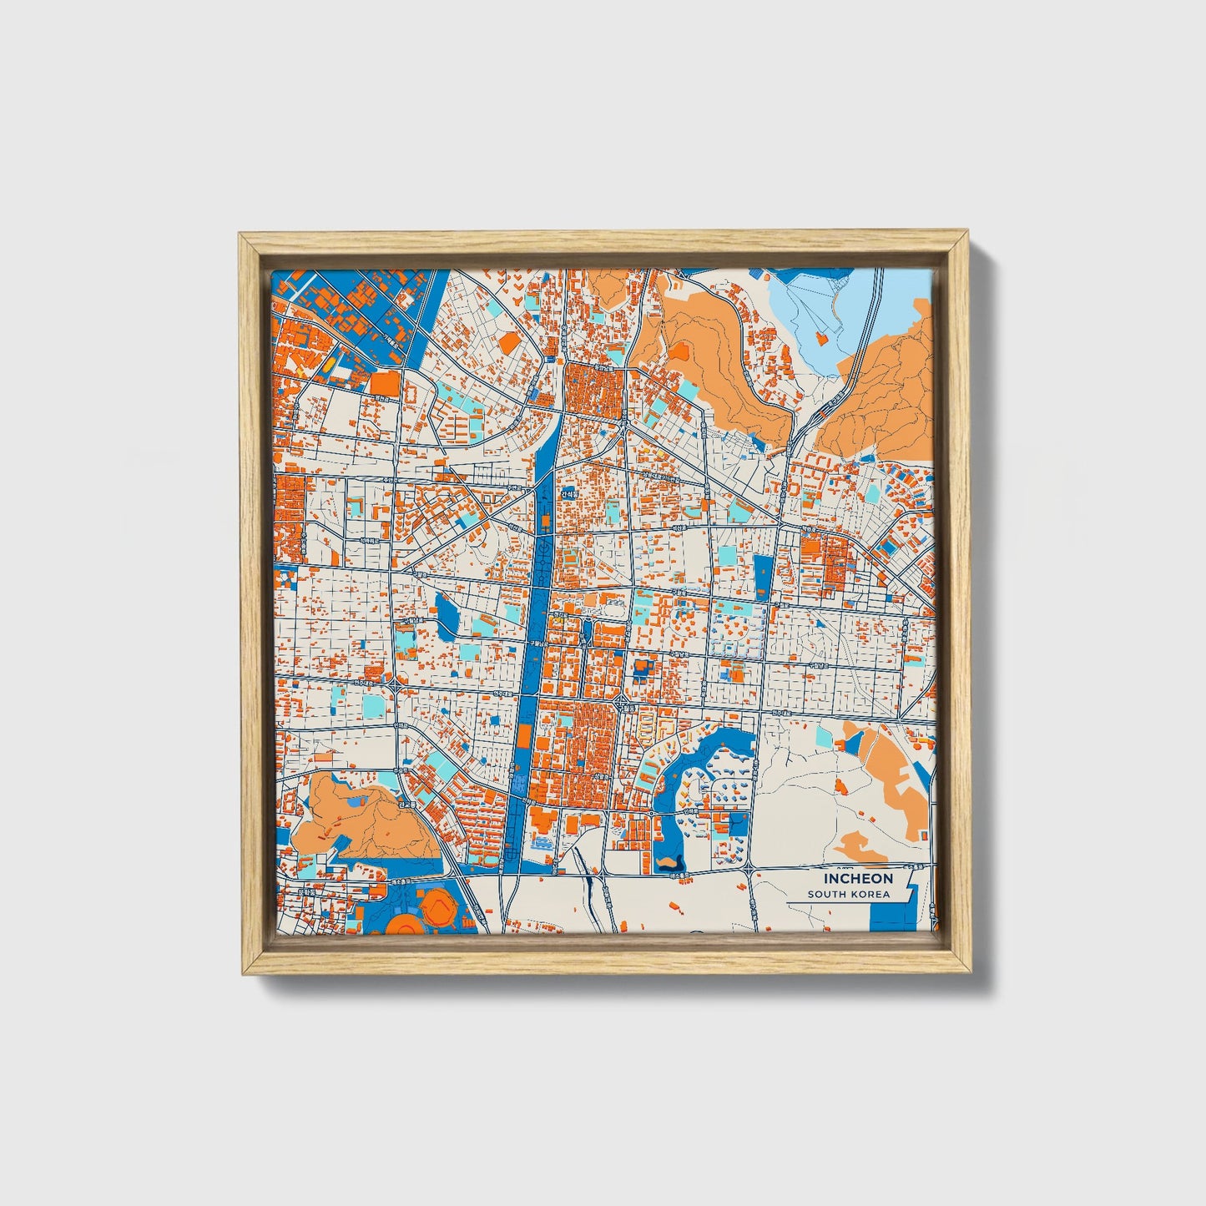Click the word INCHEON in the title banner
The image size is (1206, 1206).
click(x=858, y=878)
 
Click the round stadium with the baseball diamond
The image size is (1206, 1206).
click(x=436, y=906)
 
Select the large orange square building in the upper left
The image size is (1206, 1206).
click(x=385, y=383)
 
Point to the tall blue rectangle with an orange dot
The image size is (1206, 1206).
click(x=763, y=576)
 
